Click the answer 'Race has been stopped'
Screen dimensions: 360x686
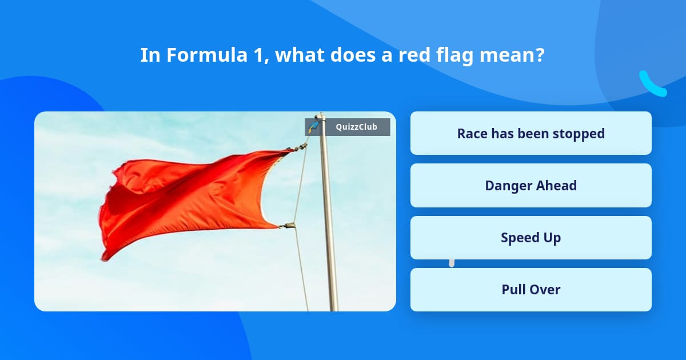click(x=531, y=133)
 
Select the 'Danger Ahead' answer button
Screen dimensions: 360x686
click(x=531, y=185)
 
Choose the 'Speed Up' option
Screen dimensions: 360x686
click(x=531, y=237)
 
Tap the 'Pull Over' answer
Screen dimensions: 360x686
click(x=531, y=289)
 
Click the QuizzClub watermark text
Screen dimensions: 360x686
click(x=356, y=127)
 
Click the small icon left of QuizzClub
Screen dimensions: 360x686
click(x=313, y=126)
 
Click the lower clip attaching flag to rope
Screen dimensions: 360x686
click(x=288, y=226)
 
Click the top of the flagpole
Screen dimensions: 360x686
click(x=321, y=115)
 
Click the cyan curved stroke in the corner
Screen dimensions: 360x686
click(x=652, y=85)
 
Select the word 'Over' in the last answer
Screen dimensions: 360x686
click(x=546, y=289)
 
